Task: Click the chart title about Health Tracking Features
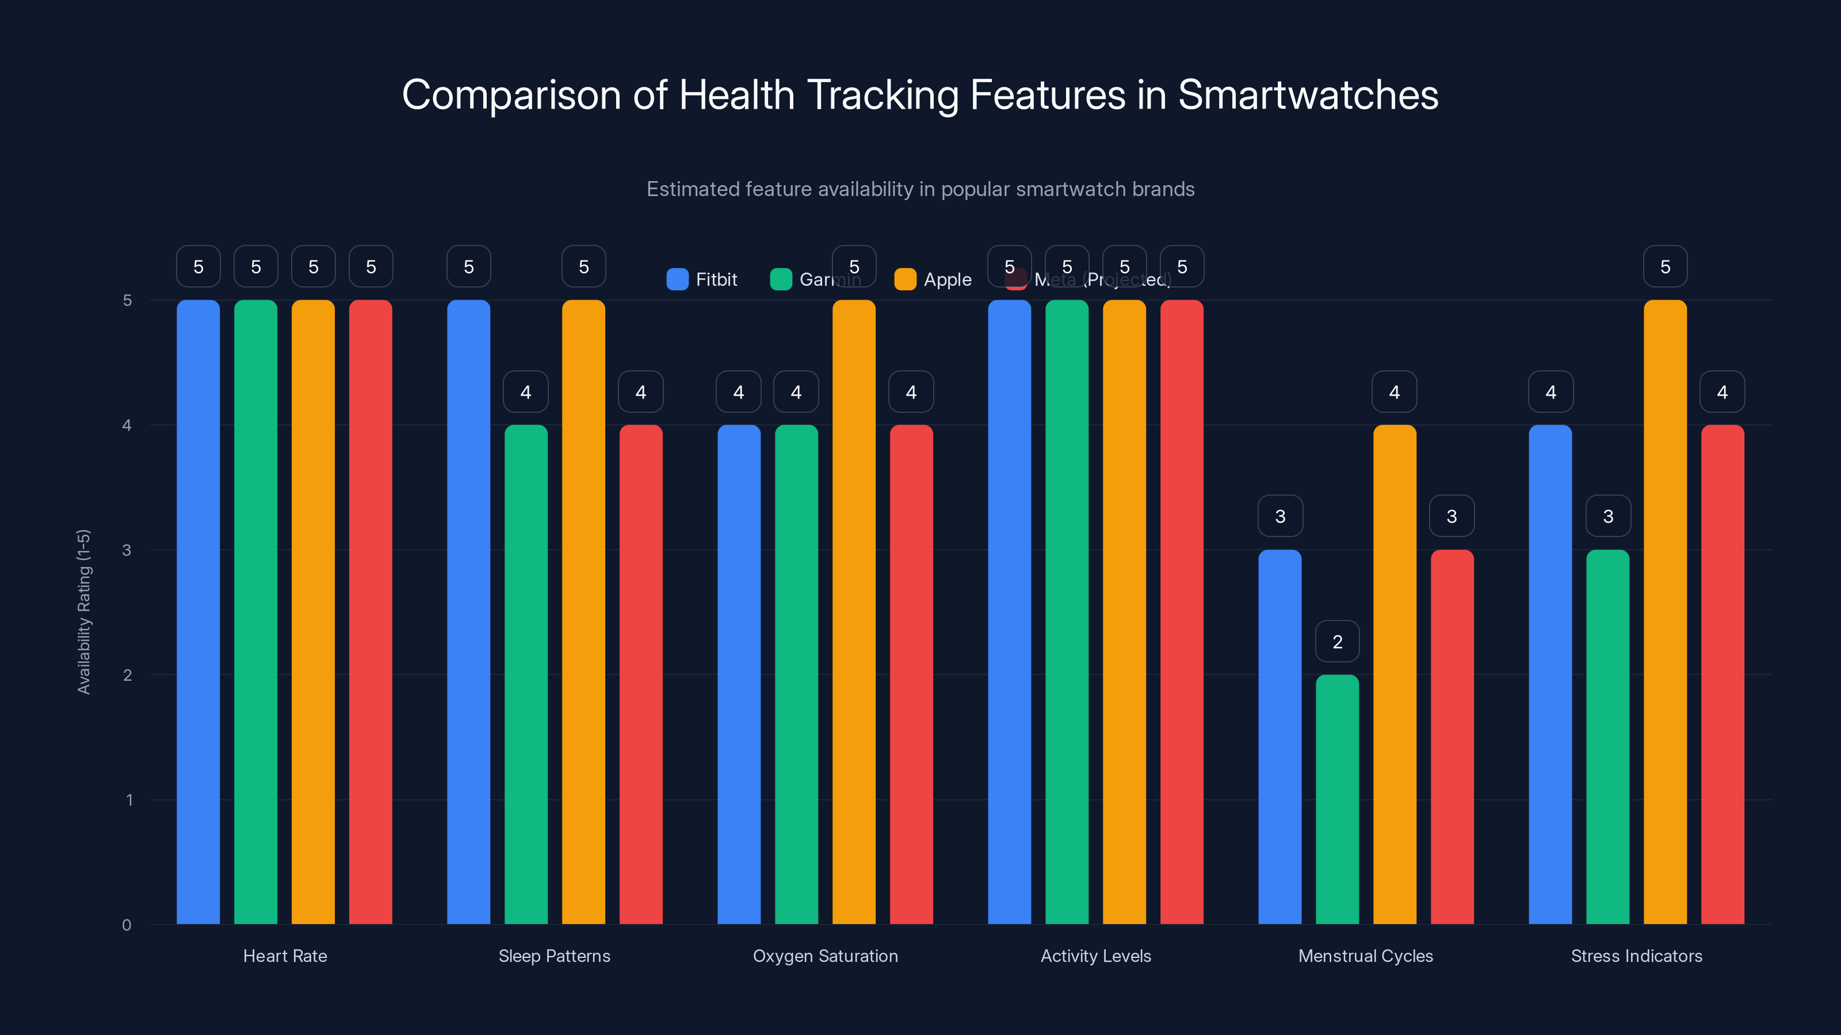pyautogui.click(x=920, y=95)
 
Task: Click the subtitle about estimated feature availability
pyautogui.click(x=920, y=189)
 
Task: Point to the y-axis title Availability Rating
pyautogui.click(x=85, y=611)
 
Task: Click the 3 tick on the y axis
pyautogui.click(x=127, y=550)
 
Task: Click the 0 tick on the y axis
pyautogui.click(x=127, y=925)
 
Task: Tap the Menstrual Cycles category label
pyautogui.click(x=1365, y=956)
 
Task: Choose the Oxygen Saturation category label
pyautogui.click(x=825, y=956)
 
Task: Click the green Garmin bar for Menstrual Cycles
pyautogui.click(x=1337, y=800)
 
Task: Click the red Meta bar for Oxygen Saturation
pyautogui.click(x=911, y=674)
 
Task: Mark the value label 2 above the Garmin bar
pyautogui.click(x=1337, y=642)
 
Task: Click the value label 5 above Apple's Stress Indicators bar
pyautogui.click(x=1664, y=266)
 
